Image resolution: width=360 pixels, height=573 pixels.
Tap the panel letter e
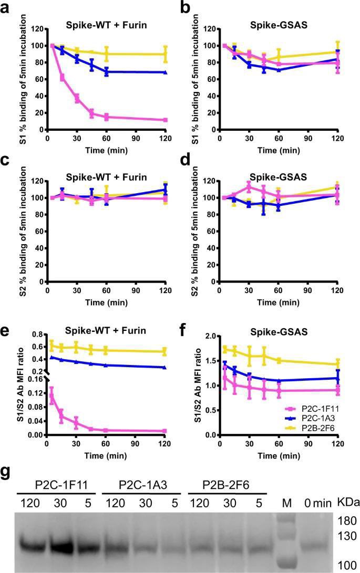[x=6, y=331]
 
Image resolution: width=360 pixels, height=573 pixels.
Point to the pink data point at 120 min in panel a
[x=165, y=120]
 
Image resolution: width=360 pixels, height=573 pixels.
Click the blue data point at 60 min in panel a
[x=107, y=71]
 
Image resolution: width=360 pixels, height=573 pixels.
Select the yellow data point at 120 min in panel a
[x=165, y=54]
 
